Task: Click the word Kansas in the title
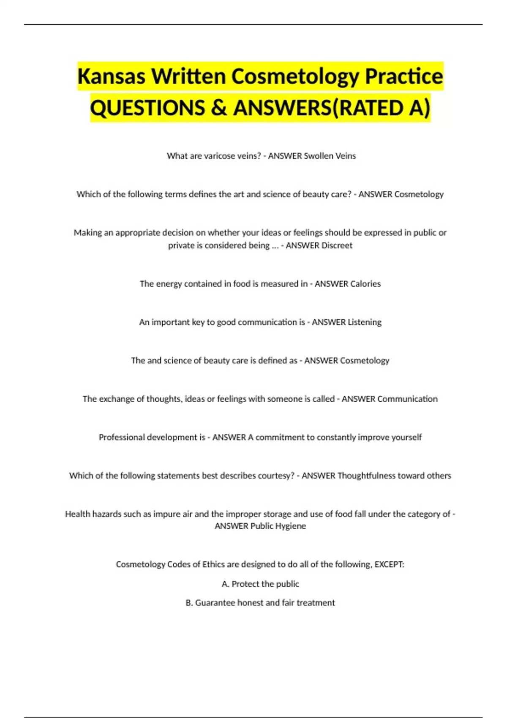112,76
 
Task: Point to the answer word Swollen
319,156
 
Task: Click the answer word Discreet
337,245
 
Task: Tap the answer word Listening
364,322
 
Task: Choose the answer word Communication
407,399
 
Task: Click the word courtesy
277,476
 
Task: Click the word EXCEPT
389,565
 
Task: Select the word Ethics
213,565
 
